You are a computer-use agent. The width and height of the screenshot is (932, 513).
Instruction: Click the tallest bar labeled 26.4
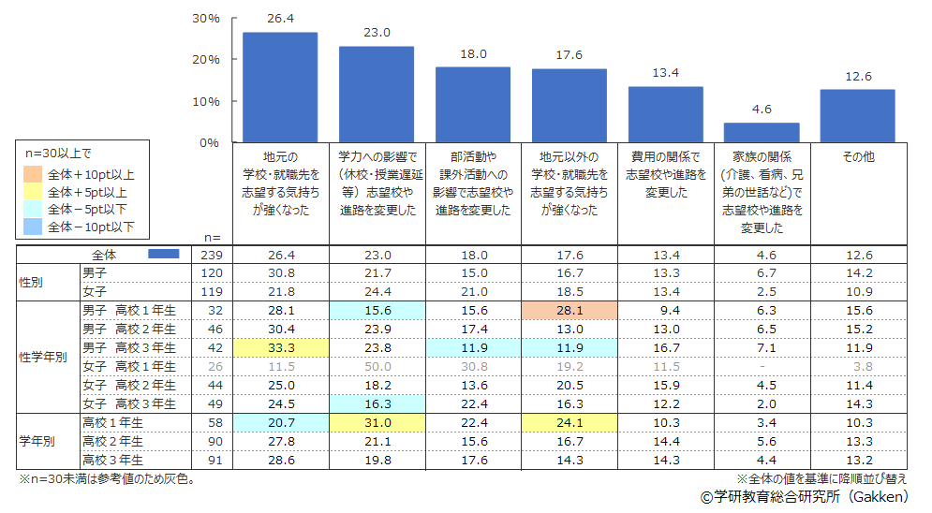click(x=280, y=87)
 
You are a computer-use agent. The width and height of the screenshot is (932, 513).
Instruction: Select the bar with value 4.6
click(x=762, y=132)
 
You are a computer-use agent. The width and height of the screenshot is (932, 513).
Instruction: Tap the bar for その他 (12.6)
click(x=857, y=115)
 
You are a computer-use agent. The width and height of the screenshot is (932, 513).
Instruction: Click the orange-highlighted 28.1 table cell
click(x=570, y=310)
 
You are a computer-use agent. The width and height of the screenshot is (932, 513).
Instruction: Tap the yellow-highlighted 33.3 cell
click(x=280, y=347)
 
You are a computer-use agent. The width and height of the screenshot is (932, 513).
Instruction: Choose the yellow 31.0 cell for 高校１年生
click(x=377, y=423)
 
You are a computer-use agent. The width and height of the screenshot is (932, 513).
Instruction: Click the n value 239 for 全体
click(x=211, y=255)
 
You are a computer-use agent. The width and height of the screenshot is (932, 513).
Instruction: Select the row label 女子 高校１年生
click(x=128, y=366)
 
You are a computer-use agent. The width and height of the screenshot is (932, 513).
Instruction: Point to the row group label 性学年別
click(x=44, y=357)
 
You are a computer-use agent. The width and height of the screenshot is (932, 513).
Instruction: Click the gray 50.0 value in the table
click(x=377, y=366)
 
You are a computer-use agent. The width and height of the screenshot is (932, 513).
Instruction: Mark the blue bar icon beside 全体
click(x=164, y=255)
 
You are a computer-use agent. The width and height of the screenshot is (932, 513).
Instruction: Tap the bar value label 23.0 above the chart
click(x=377, y=33)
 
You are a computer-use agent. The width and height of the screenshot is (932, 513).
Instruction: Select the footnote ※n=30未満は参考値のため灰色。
click(x=107, y=479)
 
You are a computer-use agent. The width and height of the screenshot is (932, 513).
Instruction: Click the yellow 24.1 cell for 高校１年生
click(x=570, y=423)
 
